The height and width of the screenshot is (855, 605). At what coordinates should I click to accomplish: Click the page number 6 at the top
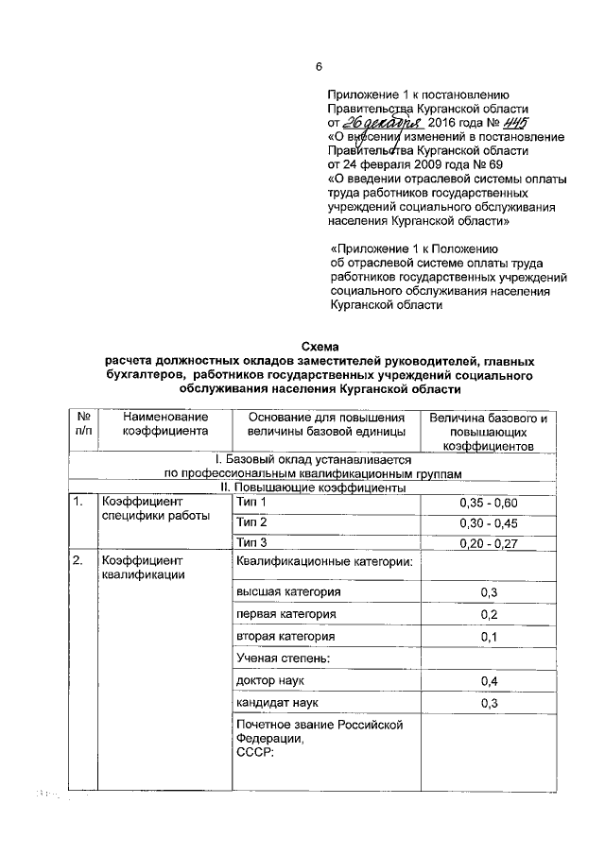pos(319,66)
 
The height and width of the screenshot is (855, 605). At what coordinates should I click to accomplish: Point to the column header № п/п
pos(82,424)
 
